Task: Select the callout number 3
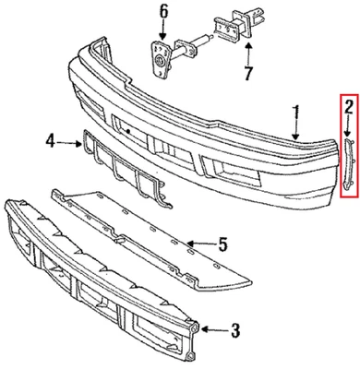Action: coord(234,327)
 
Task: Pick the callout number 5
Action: coord(222,245)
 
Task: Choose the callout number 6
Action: coord(163,12)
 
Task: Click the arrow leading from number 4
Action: coord(70,141)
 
